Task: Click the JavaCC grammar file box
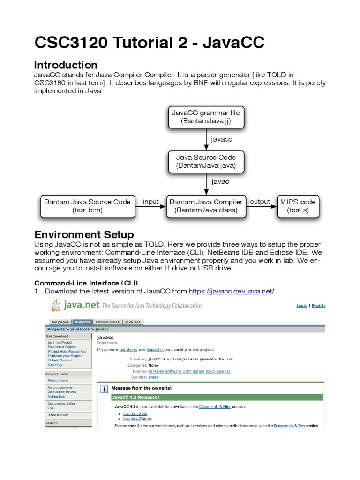tap(206, 117)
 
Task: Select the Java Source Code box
tap(206, 161)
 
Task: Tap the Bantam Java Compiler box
tap(206, 206)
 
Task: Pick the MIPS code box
tap(298, 206)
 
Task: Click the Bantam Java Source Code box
tap(87, 206)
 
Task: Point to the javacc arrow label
tap(222, 139)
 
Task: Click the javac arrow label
tap(220, 181)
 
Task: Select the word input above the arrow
tap(150, 202)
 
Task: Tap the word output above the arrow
tap(260, 202)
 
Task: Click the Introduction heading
tap(66, 65)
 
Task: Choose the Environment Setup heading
tap(84, 234)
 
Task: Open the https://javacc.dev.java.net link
tap(230, 291)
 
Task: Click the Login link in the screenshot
tap(302, 305)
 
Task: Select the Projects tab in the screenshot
tap(82, 322)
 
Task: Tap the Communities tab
tap(107, 322)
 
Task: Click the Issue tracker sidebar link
tap(58, 415)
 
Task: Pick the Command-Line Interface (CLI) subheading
tap(82, 283)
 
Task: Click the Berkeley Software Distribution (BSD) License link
tap(189, 371)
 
